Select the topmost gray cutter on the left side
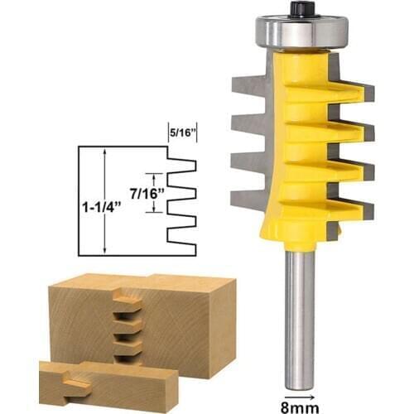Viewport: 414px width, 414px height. [248, 83]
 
